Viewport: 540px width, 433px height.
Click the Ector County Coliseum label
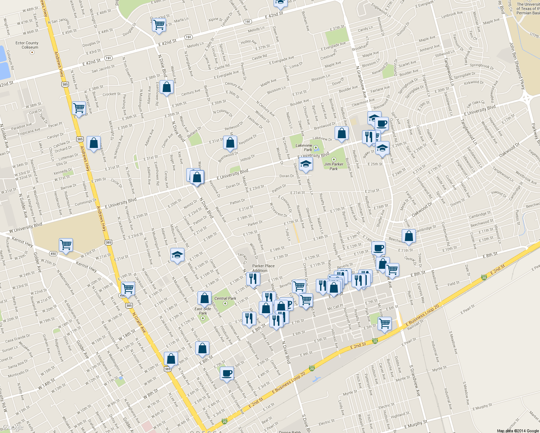click(x=27, y=45)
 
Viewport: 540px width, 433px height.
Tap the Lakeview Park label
click(x=304, y=147)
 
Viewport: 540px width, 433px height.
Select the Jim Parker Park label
click(x=334, y=166)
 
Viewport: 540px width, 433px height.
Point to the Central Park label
click(x=225, y=298)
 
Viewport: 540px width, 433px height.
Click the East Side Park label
click(x=203, y=311)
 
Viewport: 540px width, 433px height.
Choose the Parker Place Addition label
click(x=263, y=268)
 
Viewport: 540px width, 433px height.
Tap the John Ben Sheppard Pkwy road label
click(x=517, y=65)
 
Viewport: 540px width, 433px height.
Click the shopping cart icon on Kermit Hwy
click(x=66, y=245)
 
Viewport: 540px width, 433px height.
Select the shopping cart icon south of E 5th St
click(x=385, y=323)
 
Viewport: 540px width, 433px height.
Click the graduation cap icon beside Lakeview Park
click(x=306, y=164)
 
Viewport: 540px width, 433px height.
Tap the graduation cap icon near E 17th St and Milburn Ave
click(x=177, y=255)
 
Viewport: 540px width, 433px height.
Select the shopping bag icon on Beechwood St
click(x=409, y=236)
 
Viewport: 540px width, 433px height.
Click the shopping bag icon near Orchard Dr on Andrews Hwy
click(x=93, y=143)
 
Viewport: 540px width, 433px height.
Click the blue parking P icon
click(x=288, y=304)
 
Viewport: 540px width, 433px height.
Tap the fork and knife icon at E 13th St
click(x=253, y=279)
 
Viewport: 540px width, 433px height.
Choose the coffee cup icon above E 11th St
click(x=378, y=248)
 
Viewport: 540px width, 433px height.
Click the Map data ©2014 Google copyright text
click(x=518, y=431)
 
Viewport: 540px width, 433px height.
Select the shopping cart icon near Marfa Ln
click(x=159, y=25)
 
